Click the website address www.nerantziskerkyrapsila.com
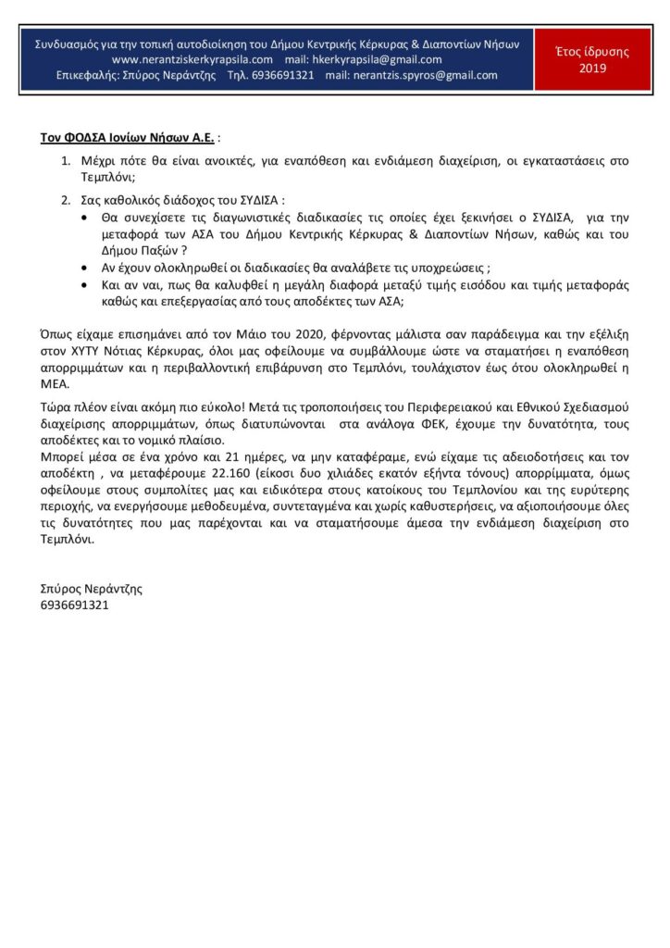(x=192, y=59)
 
